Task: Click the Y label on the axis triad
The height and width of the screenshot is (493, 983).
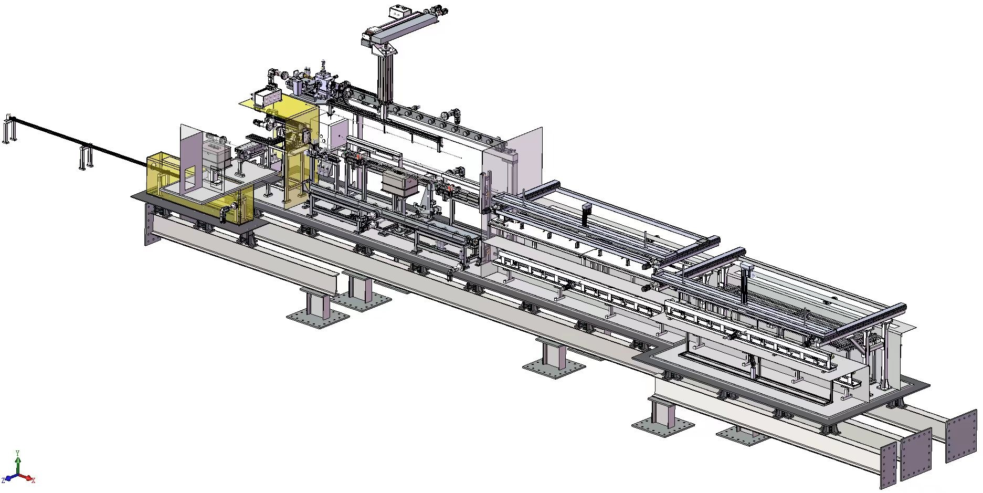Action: coord(18,453)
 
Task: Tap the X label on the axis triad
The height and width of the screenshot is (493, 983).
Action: coord(33,480)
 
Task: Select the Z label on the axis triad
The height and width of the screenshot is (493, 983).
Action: coord(4,480)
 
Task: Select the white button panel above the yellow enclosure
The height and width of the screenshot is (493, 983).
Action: coord(268,97)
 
